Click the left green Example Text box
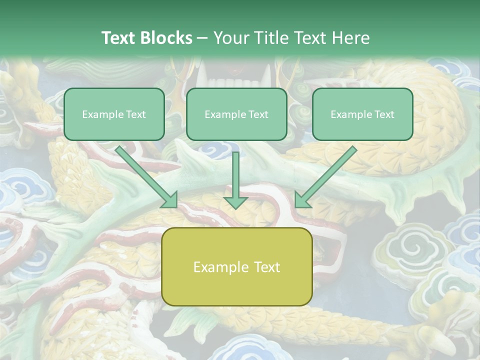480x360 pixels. pos(114,114)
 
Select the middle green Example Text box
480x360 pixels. pos(236,114)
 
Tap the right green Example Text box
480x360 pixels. pos(362,114)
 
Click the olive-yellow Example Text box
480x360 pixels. pos(236,266)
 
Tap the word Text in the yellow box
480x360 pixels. pos(266,267)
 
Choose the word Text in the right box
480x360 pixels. pos(384,114)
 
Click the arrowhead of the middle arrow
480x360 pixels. pos(235,202)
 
